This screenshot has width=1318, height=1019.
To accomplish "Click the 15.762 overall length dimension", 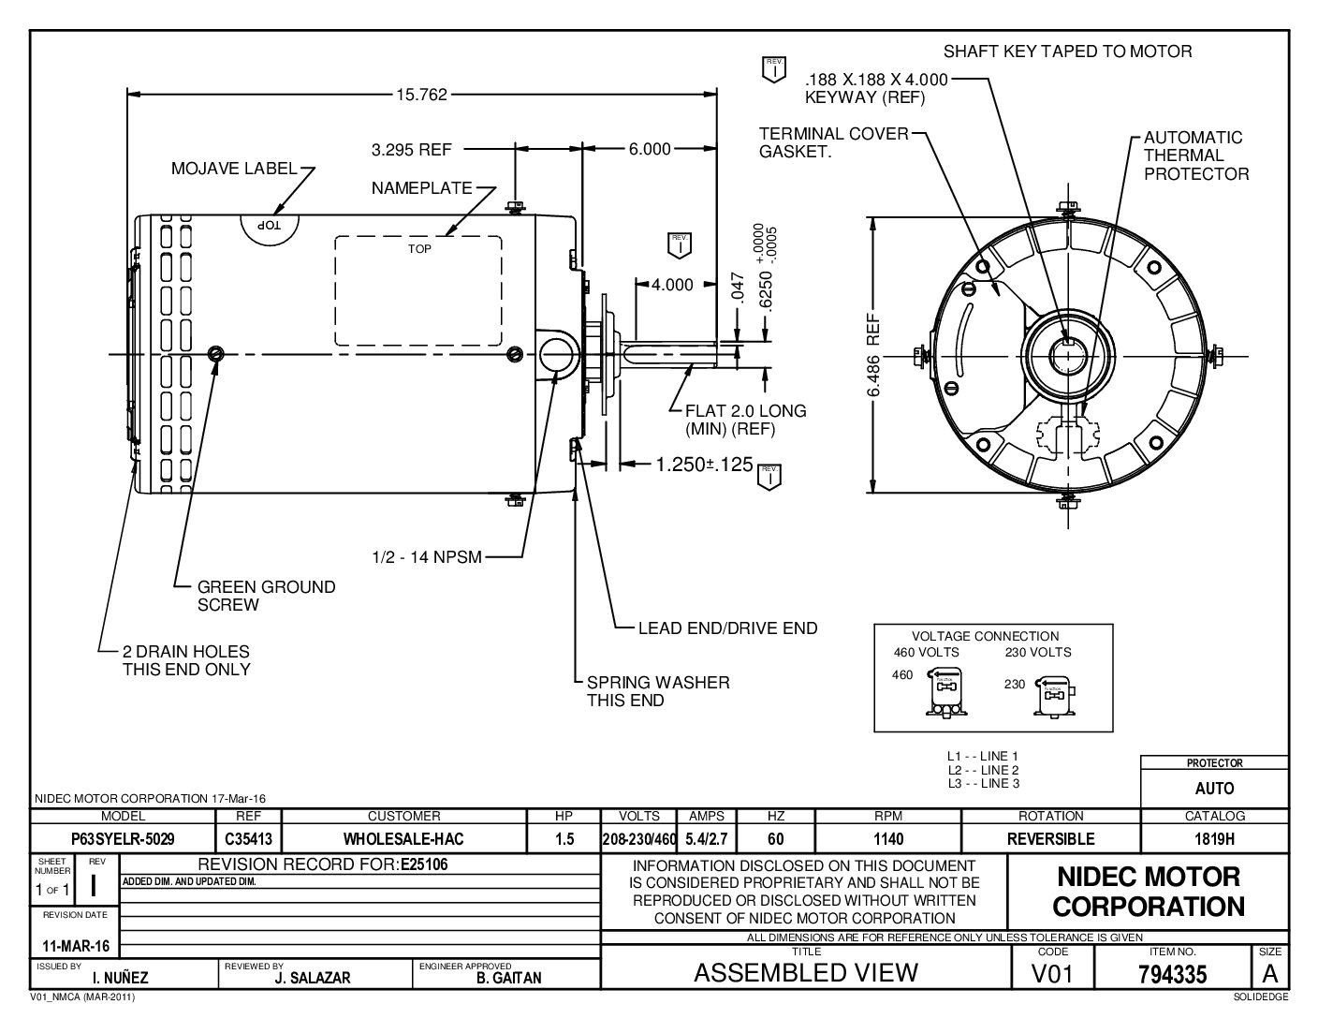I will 421,95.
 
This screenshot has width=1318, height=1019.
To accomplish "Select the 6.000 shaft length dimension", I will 649,149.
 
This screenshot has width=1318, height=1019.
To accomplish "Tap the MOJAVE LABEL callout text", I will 234,170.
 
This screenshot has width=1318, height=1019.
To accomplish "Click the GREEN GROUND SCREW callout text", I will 266,596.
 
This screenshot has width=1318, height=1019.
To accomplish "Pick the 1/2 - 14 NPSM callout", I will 426,557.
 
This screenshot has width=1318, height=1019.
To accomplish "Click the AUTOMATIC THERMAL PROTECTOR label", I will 1195,155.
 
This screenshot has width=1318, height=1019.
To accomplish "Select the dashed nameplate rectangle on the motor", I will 418,289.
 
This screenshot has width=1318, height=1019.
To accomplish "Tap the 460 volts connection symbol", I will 945,696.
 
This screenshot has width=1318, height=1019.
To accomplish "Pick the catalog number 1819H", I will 1215,838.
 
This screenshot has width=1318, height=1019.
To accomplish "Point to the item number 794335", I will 1173,974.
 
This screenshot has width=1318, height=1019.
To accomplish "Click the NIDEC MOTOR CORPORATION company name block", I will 1149,892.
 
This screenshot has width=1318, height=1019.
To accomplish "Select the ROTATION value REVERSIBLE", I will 1050,838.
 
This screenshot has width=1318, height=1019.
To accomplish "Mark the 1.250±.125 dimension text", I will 690,465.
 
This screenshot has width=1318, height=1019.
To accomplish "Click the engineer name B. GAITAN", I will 508,978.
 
